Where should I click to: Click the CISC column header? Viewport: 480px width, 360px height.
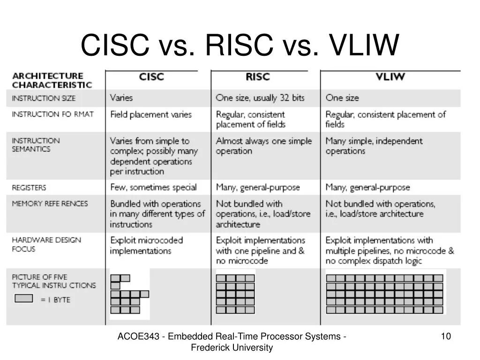[151, 77]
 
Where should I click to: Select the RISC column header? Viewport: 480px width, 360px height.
[258, 77]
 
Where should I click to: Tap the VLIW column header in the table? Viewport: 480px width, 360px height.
[390, 77]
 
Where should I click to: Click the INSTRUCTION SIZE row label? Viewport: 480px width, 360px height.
[44, 98]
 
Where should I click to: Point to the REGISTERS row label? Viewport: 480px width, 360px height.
[29, 187]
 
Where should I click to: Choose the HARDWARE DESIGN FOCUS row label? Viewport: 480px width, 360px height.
[46, 244]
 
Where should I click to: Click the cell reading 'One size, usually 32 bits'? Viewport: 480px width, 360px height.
[260, 98]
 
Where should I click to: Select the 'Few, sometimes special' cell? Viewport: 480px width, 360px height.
[153, 187]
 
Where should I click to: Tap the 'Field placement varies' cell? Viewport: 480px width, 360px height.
[151, 114]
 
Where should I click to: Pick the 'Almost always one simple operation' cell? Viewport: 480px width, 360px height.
[263, 146]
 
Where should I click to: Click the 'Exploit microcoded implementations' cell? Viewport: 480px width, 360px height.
[146, 245]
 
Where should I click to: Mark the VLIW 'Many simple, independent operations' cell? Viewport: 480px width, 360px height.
[374, 146]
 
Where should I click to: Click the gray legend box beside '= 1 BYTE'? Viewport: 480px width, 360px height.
[24, 298]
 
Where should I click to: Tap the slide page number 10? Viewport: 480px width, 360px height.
[446, 336]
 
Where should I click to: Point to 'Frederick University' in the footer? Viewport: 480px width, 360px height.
[232, 347]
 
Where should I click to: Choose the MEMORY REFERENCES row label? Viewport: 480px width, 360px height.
[50, 204]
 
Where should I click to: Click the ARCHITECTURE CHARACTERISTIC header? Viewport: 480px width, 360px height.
[52, 80]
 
